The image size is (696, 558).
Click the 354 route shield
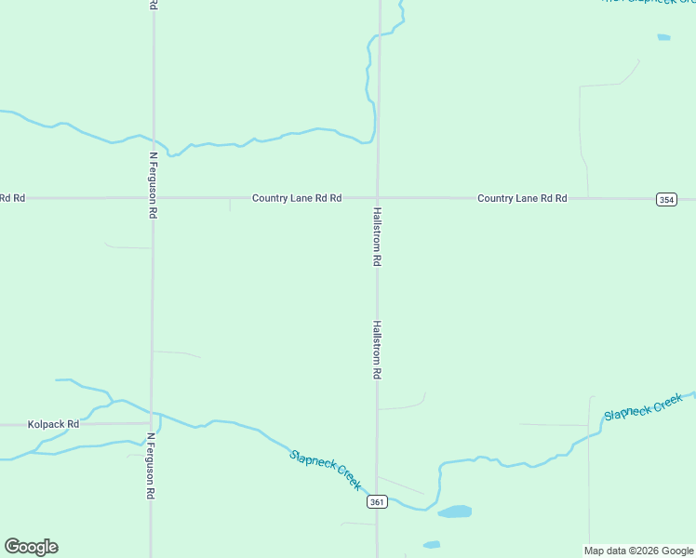click(665, 199)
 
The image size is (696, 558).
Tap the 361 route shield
click(376, 502)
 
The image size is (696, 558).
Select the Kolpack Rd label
click(53, 424)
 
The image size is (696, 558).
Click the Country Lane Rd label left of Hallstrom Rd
click(297, 198)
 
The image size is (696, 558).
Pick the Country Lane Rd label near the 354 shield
click(522, 198)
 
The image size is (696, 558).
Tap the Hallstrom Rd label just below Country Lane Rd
click(377, 237)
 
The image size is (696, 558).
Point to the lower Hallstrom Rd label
click(377, 350)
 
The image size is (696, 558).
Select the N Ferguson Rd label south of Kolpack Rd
click(150, 466)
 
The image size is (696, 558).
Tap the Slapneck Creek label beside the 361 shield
click(325, 470)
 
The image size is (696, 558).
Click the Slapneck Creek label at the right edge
click(643, 407)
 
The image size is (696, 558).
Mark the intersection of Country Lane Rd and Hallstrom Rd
click(378, 198)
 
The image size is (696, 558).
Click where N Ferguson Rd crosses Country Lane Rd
click(153, 198)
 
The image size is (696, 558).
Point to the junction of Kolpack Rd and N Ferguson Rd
click(151, 423)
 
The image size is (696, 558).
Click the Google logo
click(31, 547)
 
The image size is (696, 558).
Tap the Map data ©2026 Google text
click(638, 551)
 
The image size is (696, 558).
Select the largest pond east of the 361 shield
click(454, 511)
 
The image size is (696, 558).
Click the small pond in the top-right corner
click(663, 37)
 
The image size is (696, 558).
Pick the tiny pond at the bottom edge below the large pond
click(431, 544)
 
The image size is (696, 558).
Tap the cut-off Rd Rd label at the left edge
click(12, 198)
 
